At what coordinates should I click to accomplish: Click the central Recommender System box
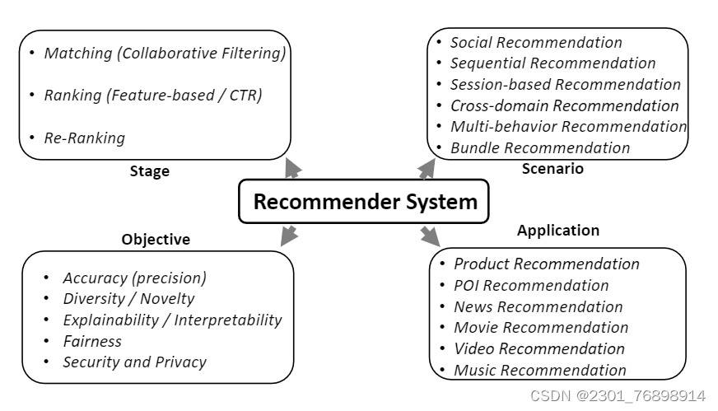click(x=364, y=202)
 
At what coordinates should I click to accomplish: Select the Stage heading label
click(x=149, y=171)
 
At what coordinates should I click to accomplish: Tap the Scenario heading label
click(x=552, y=169)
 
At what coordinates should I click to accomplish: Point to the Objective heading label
click(x=156, y=240)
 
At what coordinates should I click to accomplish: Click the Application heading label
click(x=557, y=231)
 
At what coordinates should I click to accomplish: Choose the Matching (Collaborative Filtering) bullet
click(x=165, y=54)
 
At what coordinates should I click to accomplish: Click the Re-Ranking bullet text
click(x=84, y=138)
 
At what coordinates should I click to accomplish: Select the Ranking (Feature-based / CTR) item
click(x=152, y=96)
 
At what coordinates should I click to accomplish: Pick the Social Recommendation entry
click(x=536, y=43)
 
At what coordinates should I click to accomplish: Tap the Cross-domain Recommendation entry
click(x=564, y=105)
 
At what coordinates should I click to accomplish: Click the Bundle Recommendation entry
click(x=539, y=148)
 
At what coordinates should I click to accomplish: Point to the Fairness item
click(x=92, y=341)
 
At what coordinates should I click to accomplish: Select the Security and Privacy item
click(x=134, y=362)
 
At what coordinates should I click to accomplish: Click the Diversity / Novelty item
click(x=128, y=299)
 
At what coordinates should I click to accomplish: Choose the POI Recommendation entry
click(x=531, y=286)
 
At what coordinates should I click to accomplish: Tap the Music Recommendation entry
click(x=539, y=371)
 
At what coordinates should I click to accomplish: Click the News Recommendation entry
click(x=538, y=307)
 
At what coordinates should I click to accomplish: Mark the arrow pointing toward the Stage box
click(x=292, y=169)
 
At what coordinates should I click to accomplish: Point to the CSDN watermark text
click(x=618, y=396)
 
